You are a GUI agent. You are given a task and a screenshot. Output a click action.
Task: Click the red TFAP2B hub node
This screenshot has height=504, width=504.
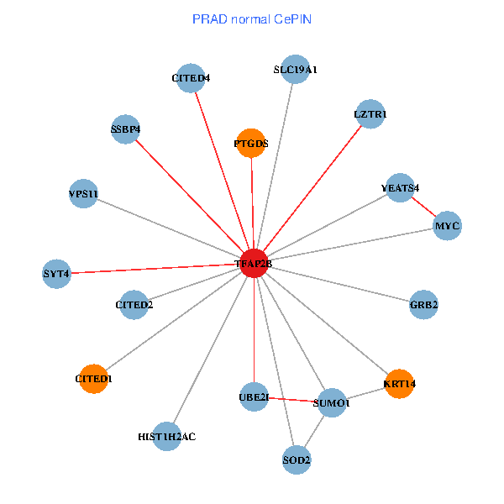[254, 263]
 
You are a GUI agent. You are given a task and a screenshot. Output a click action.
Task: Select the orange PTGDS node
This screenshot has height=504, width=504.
[251, 143]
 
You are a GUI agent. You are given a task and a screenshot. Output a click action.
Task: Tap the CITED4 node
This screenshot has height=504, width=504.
[192, 78]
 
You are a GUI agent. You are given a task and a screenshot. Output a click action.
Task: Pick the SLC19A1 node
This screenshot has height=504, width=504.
[295, 70]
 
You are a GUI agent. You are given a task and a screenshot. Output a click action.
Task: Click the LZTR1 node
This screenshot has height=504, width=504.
[370, 113]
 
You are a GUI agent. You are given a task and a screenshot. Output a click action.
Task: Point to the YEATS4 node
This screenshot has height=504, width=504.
[400, 188]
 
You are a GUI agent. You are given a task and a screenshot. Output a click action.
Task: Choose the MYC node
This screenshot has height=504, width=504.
[447, 226]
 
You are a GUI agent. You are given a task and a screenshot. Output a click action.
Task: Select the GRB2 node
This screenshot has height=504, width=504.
[423, 304]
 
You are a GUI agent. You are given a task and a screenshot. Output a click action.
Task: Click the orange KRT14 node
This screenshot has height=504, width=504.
[399, 384]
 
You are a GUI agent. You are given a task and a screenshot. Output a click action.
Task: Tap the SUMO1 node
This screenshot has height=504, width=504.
[331, 402]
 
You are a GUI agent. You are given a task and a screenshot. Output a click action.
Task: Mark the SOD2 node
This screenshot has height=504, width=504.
[297, 459]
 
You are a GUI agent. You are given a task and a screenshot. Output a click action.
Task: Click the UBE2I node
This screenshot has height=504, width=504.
[254, 396]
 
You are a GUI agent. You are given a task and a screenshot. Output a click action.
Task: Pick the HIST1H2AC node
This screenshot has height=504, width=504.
[167, 436]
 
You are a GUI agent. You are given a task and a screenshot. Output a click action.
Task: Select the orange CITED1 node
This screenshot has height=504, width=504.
[93, 379]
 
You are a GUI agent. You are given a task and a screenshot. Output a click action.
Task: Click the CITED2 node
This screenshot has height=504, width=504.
[134, 304]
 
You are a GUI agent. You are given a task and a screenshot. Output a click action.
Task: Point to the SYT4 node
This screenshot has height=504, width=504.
[56, 273]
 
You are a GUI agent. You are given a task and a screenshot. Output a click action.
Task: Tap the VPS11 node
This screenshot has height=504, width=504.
[84, 194]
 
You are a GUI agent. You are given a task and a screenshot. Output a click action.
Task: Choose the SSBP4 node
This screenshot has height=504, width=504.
[125, 129]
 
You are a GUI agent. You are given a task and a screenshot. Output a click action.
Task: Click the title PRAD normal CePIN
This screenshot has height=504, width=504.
[252, 18]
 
